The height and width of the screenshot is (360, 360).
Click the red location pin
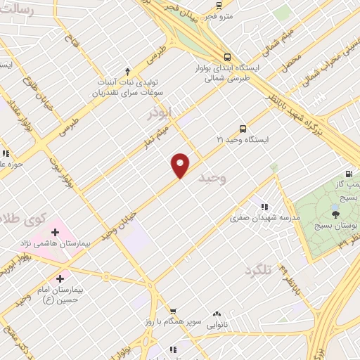point(181,165)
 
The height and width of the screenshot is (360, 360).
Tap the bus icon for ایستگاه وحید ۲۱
point(243,129)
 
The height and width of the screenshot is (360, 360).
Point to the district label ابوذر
point(160,112)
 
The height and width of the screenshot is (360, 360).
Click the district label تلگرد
point(258,269)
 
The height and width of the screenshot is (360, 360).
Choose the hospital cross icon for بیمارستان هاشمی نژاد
point(54,231)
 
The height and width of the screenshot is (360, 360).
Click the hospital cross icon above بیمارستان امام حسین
point(69,278)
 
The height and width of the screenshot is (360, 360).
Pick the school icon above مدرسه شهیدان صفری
point(264,207)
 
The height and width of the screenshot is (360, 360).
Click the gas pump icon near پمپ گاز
point(348,174)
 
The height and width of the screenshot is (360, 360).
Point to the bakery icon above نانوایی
point(217,314)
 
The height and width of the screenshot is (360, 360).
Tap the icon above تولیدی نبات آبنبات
point(127,71)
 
